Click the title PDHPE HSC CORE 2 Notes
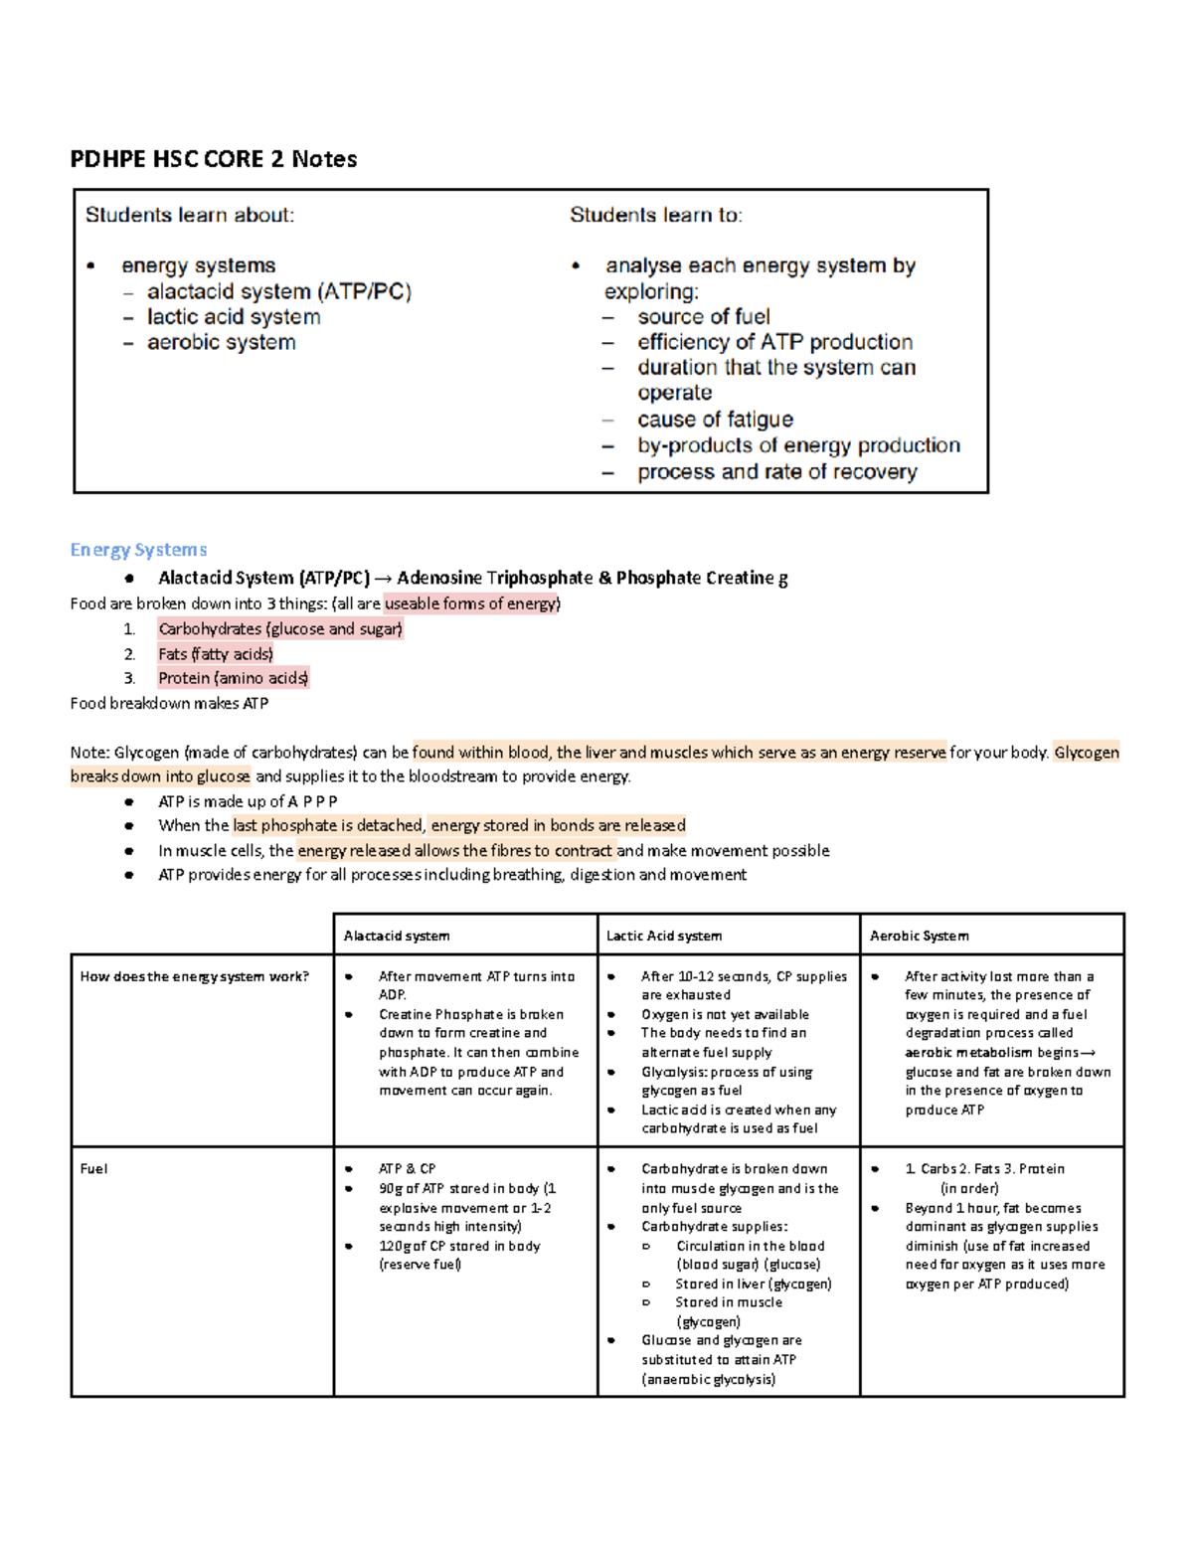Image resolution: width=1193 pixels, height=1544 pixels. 213,159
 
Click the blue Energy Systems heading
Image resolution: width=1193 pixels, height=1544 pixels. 138,550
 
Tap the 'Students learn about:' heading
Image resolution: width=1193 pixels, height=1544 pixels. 189,215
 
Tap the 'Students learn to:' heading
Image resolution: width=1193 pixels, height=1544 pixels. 655,215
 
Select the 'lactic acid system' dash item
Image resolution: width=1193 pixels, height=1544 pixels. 234,317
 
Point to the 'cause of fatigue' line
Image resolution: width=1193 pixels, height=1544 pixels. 715,420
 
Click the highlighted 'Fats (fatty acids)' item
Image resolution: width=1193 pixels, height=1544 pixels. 215,654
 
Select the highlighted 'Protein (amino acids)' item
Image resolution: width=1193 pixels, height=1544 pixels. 233,678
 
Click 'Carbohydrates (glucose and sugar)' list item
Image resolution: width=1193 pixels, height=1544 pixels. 279,629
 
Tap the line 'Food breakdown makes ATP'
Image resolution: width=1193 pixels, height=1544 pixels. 169,703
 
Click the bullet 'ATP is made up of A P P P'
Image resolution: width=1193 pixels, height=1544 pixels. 248,801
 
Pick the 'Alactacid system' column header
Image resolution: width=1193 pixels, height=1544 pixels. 396,936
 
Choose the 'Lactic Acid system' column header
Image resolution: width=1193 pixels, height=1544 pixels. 663,936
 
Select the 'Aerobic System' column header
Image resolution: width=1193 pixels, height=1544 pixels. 919,936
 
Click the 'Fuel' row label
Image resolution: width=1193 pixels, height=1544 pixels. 93,1168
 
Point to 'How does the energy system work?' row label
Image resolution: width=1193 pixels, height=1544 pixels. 194,976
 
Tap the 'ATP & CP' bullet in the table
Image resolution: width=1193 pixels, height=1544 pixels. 407,1168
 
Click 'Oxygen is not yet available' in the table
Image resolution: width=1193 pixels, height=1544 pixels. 725,1014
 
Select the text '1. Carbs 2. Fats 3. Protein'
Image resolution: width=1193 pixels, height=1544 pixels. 984,1168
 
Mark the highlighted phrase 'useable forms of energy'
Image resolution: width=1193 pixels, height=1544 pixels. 472,603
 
